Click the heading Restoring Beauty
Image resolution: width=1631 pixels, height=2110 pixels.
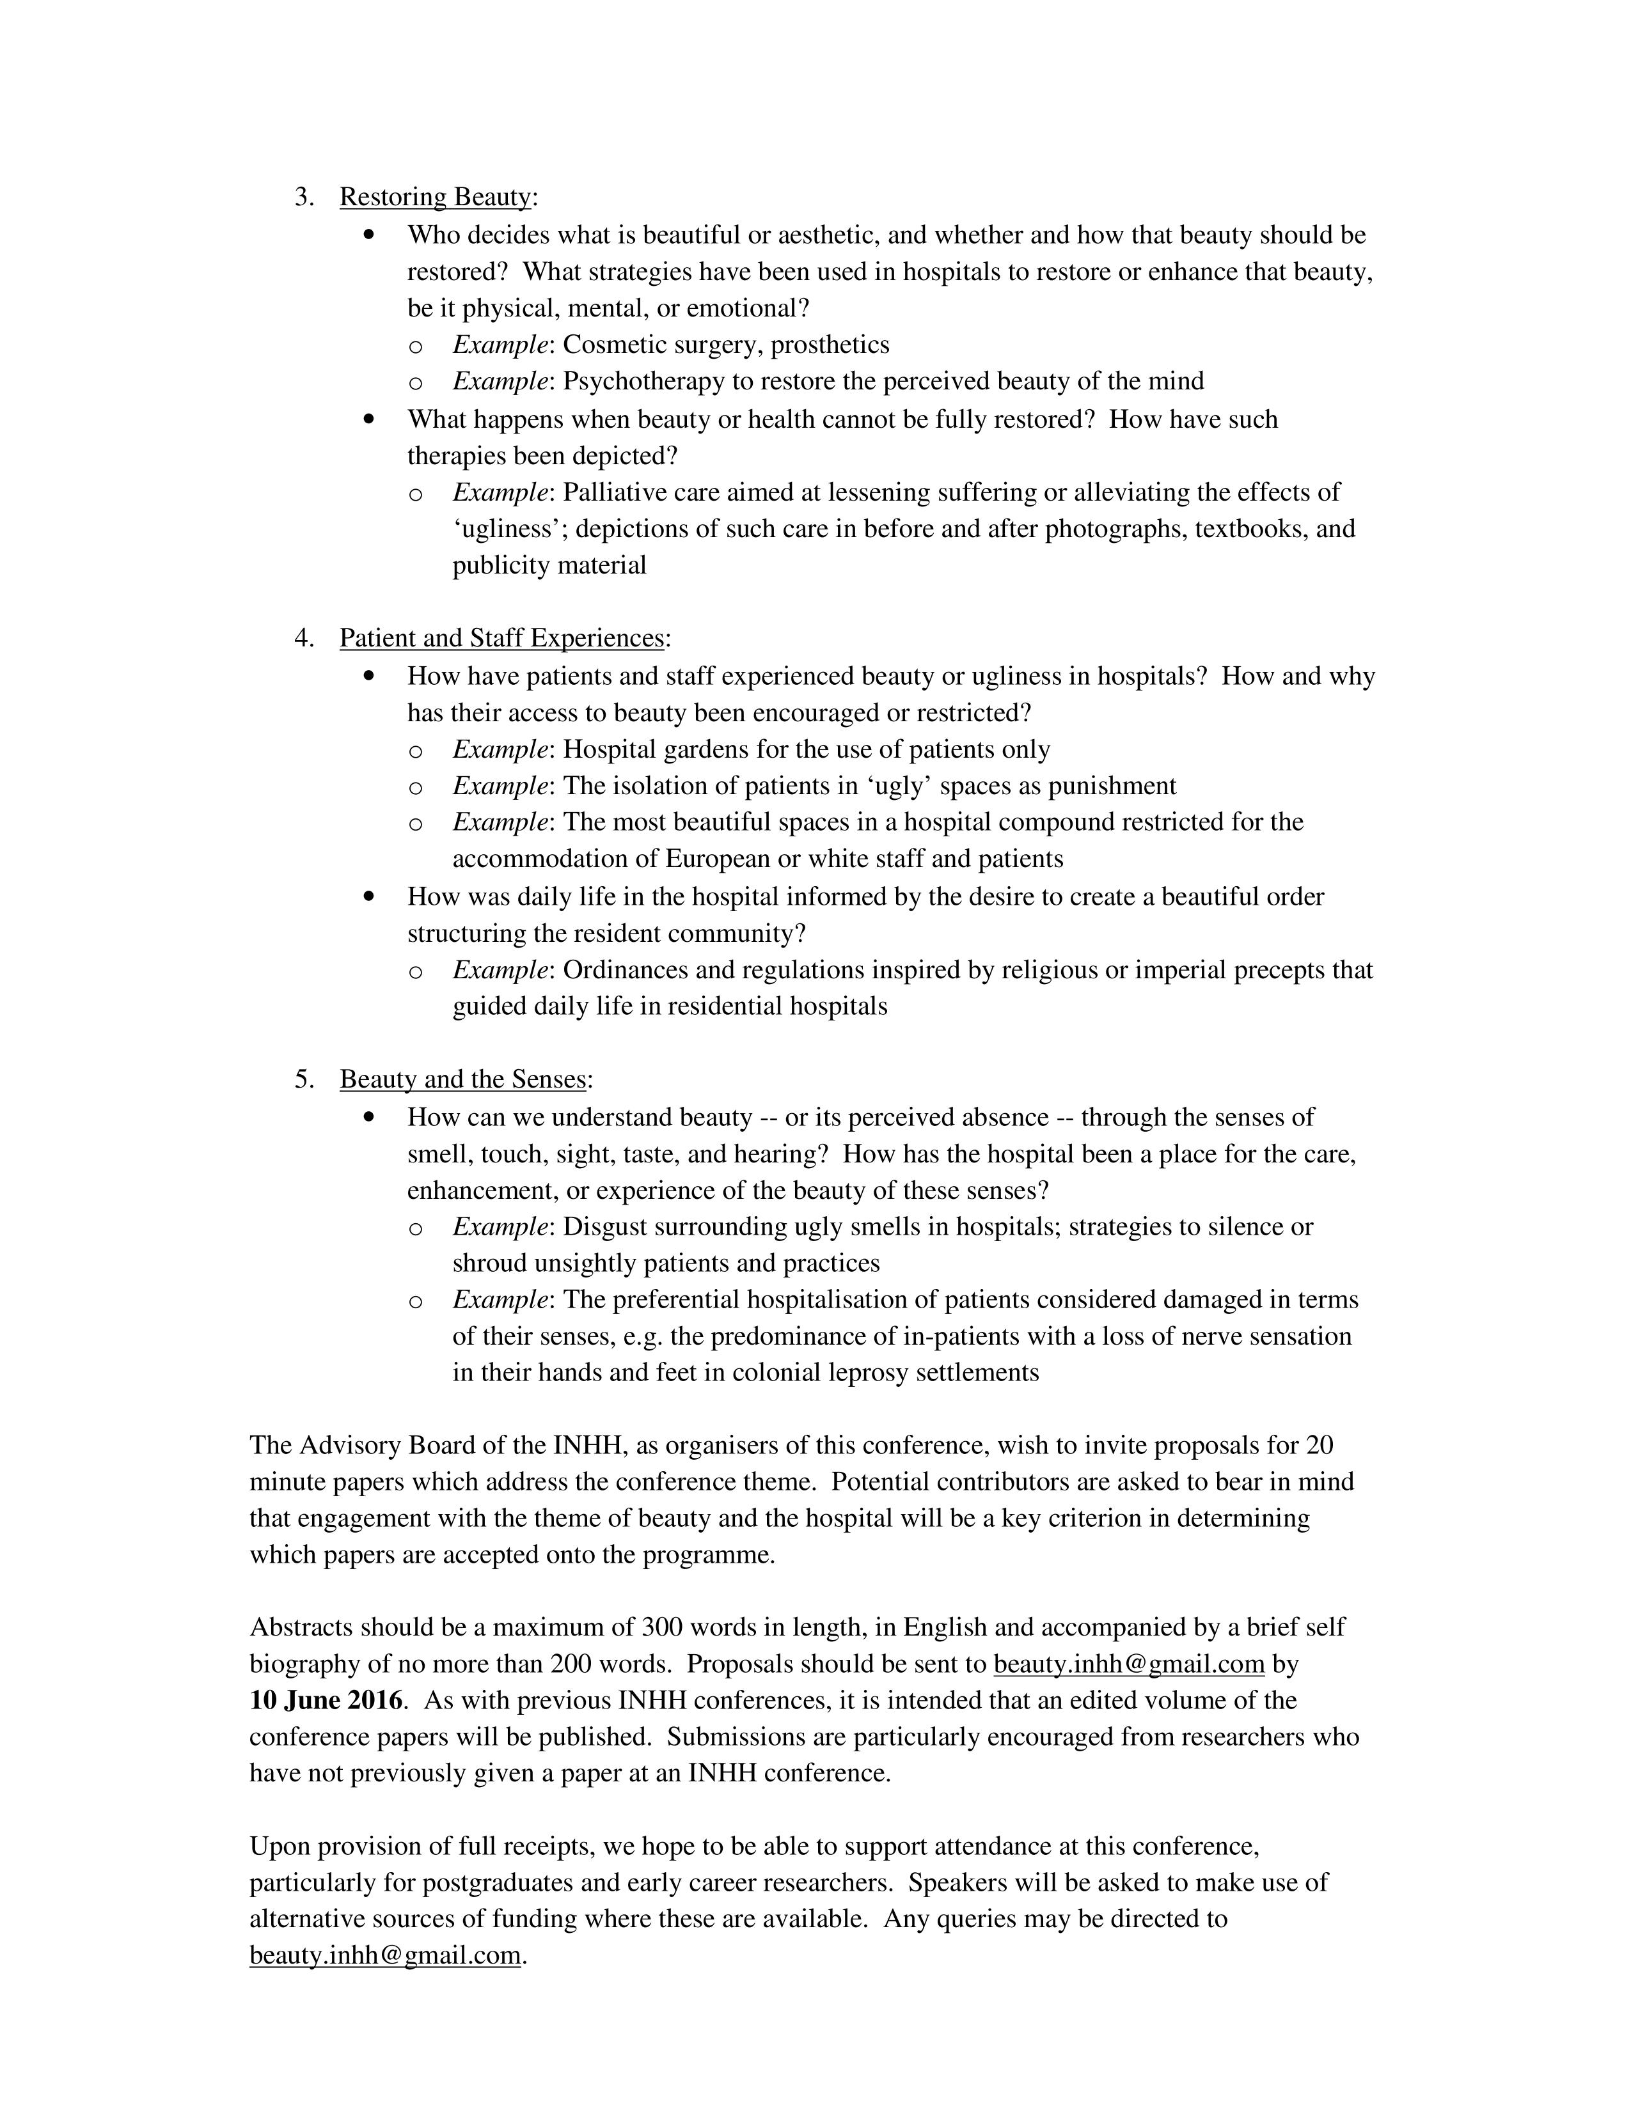point(435,197)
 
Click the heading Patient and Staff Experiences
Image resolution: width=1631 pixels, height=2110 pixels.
point(501,639)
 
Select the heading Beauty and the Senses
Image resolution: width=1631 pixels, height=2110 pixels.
point(463,1079)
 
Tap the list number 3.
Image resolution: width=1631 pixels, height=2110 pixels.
point(303,197)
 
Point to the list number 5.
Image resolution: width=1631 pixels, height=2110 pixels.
point(303,1079)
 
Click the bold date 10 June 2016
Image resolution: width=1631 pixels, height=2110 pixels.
point(326,1700)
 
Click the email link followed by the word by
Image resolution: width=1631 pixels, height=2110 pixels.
point(1128,1664)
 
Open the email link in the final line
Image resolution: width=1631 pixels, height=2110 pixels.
point(384,1955)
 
